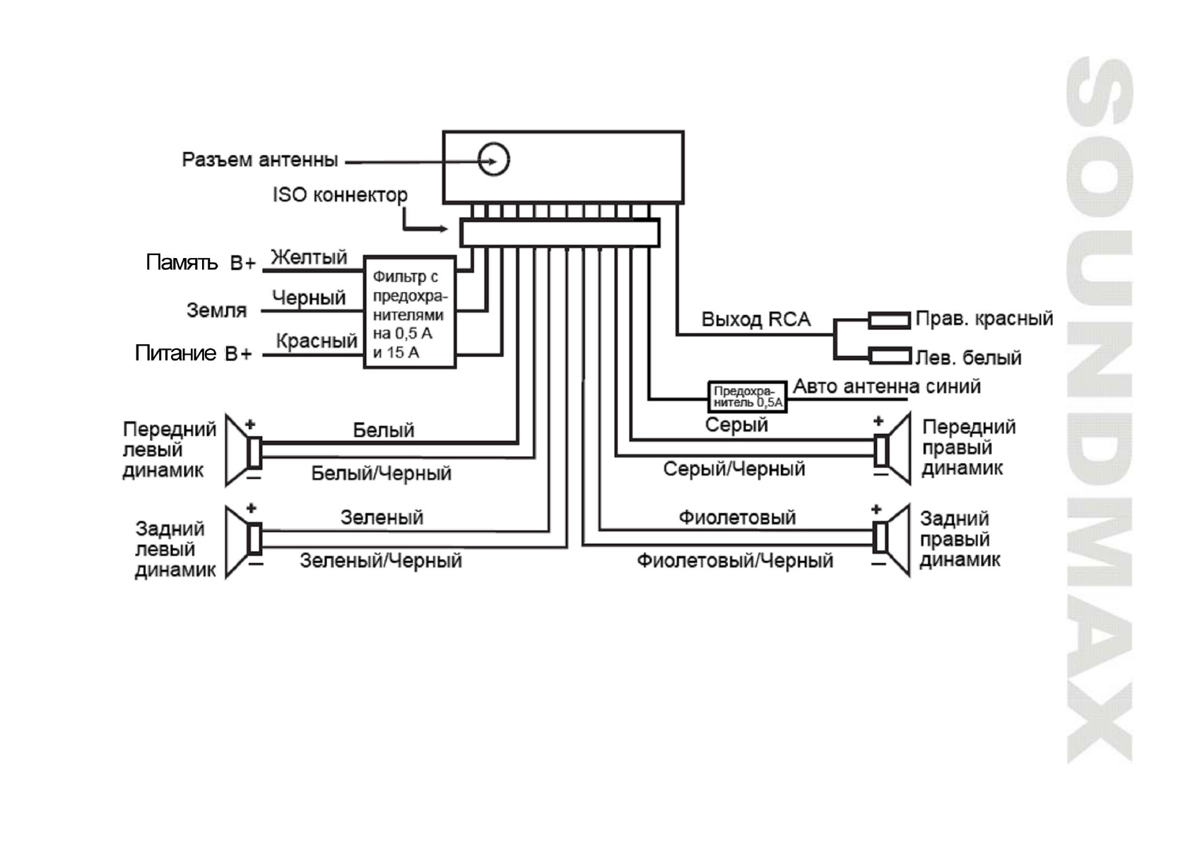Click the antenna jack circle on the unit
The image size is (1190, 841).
click(493, 159)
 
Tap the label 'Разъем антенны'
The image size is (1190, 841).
click(259, 160)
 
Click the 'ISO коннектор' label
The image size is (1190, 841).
click(340, 194)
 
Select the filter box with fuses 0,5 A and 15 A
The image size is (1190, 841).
click(409, 312)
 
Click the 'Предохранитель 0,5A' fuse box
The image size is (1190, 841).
click(747, 396)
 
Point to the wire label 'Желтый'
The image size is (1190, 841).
click(309, 257)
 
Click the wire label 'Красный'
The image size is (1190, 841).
click(316, 341)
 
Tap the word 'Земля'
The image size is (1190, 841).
click(216, 310)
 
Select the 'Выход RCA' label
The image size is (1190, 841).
click(755, 319)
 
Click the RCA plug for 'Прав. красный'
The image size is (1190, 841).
click(888, 320)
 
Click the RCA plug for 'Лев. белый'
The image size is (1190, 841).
click(888, 355)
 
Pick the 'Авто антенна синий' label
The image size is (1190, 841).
click(886, 386)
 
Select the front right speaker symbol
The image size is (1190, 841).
click(892, 449)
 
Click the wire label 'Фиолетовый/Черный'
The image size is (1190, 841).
click(734, 561)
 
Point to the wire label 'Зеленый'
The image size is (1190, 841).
click(382, 517)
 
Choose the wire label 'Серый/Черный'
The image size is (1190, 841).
click(734, 469)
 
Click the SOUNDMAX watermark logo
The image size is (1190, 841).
click(1099, 410)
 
